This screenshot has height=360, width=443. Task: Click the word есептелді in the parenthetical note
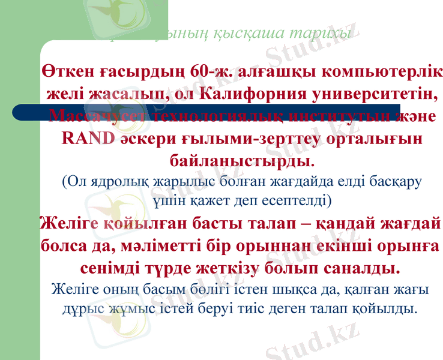(291, 197)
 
